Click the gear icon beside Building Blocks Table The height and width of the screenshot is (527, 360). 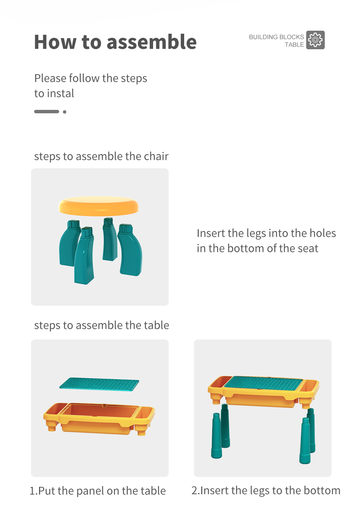pyautogui.click(x=315, y=40)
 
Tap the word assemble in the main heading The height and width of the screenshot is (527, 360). pyautogui.click(x=152, y=42)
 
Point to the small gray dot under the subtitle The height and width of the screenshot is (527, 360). pyautogui.click(x=64, y=112)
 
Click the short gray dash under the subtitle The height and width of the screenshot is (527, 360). pyautogui.click(x=47, y=111)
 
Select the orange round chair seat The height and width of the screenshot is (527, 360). pyautogui.click(x=99, y=206)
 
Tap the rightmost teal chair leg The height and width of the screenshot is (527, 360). pyautogui.click(x=130, y=250)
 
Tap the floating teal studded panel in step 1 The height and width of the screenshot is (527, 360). pyautogui.click(x=99, y=384)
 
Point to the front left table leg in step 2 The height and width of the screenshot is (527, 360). pyautogui.click(x=216, y=436)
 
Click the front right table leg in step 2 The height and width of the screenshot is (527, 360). pyautogui.click(x=305, y=441)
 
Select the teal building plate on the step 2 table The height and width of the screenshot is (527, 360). pyautogui.click(x=263, y=383)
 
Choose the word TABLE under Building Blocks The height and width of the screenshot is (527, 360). pyautogui.click(x=294, y=45)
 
